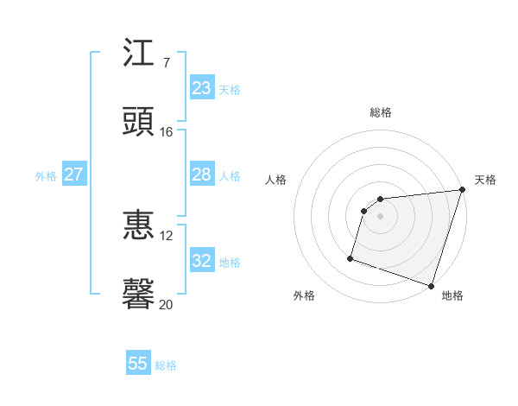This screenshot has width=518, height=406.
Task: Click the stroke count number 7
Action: [x=167, y=63]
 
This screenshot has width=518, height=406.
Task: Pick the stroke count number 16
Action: [x=167, y=131]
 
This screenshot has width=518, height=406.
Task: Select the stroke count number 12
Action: [x=167, y=235]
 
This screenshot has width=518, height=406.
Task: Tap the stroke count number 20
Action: [x=167, y=303]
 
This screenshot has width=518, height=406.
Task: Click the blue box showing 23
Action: [x=201, y=88]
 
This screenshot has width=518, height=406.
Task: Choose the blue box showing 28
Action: [x=201, y=174]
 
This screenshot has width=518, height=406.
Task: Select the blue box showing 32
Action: [x=201, y=261]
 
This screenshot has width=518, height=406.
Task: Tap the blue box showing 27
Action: [x=73, y=174]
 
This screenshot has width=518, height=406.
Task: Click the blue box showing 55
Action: [x=138, y=364]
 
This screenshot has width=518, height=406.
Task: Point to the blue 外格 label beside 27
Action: [x=46, y=175]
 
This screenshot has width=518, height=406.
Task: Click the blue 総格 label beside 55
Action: [x=166, y=365]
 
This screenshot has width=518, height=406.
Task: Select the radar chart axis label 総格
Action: [x=381, y=112]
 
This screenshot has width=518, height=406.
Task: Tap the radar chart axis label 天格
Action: [x=485, y=180]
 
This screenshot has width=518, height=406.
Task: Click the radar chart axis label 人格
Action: [x=276, y=180]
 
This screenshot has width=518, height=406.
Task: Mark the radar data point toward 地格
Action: [x=431, y=285]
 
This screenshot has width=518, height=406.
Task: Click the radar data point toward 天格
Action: [x=462, y=191]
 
